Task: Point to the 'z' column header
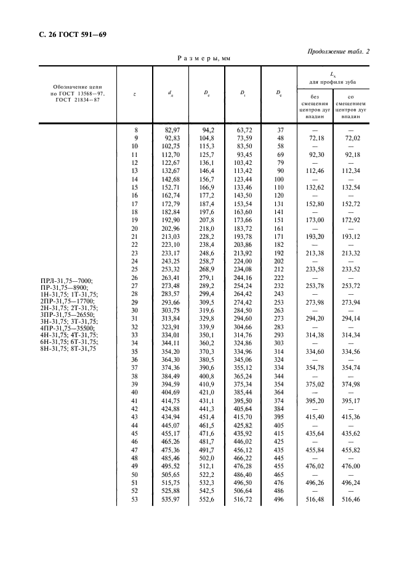tap(134, 94)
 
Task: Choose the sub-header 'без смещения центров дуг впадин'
tap(315, 105)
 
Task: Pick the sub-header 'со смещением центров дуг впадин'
tap(350, 105)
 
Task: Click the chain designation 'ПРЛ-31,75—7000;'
tap(66, 281)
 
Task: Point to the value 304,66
tap(242, 327)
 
